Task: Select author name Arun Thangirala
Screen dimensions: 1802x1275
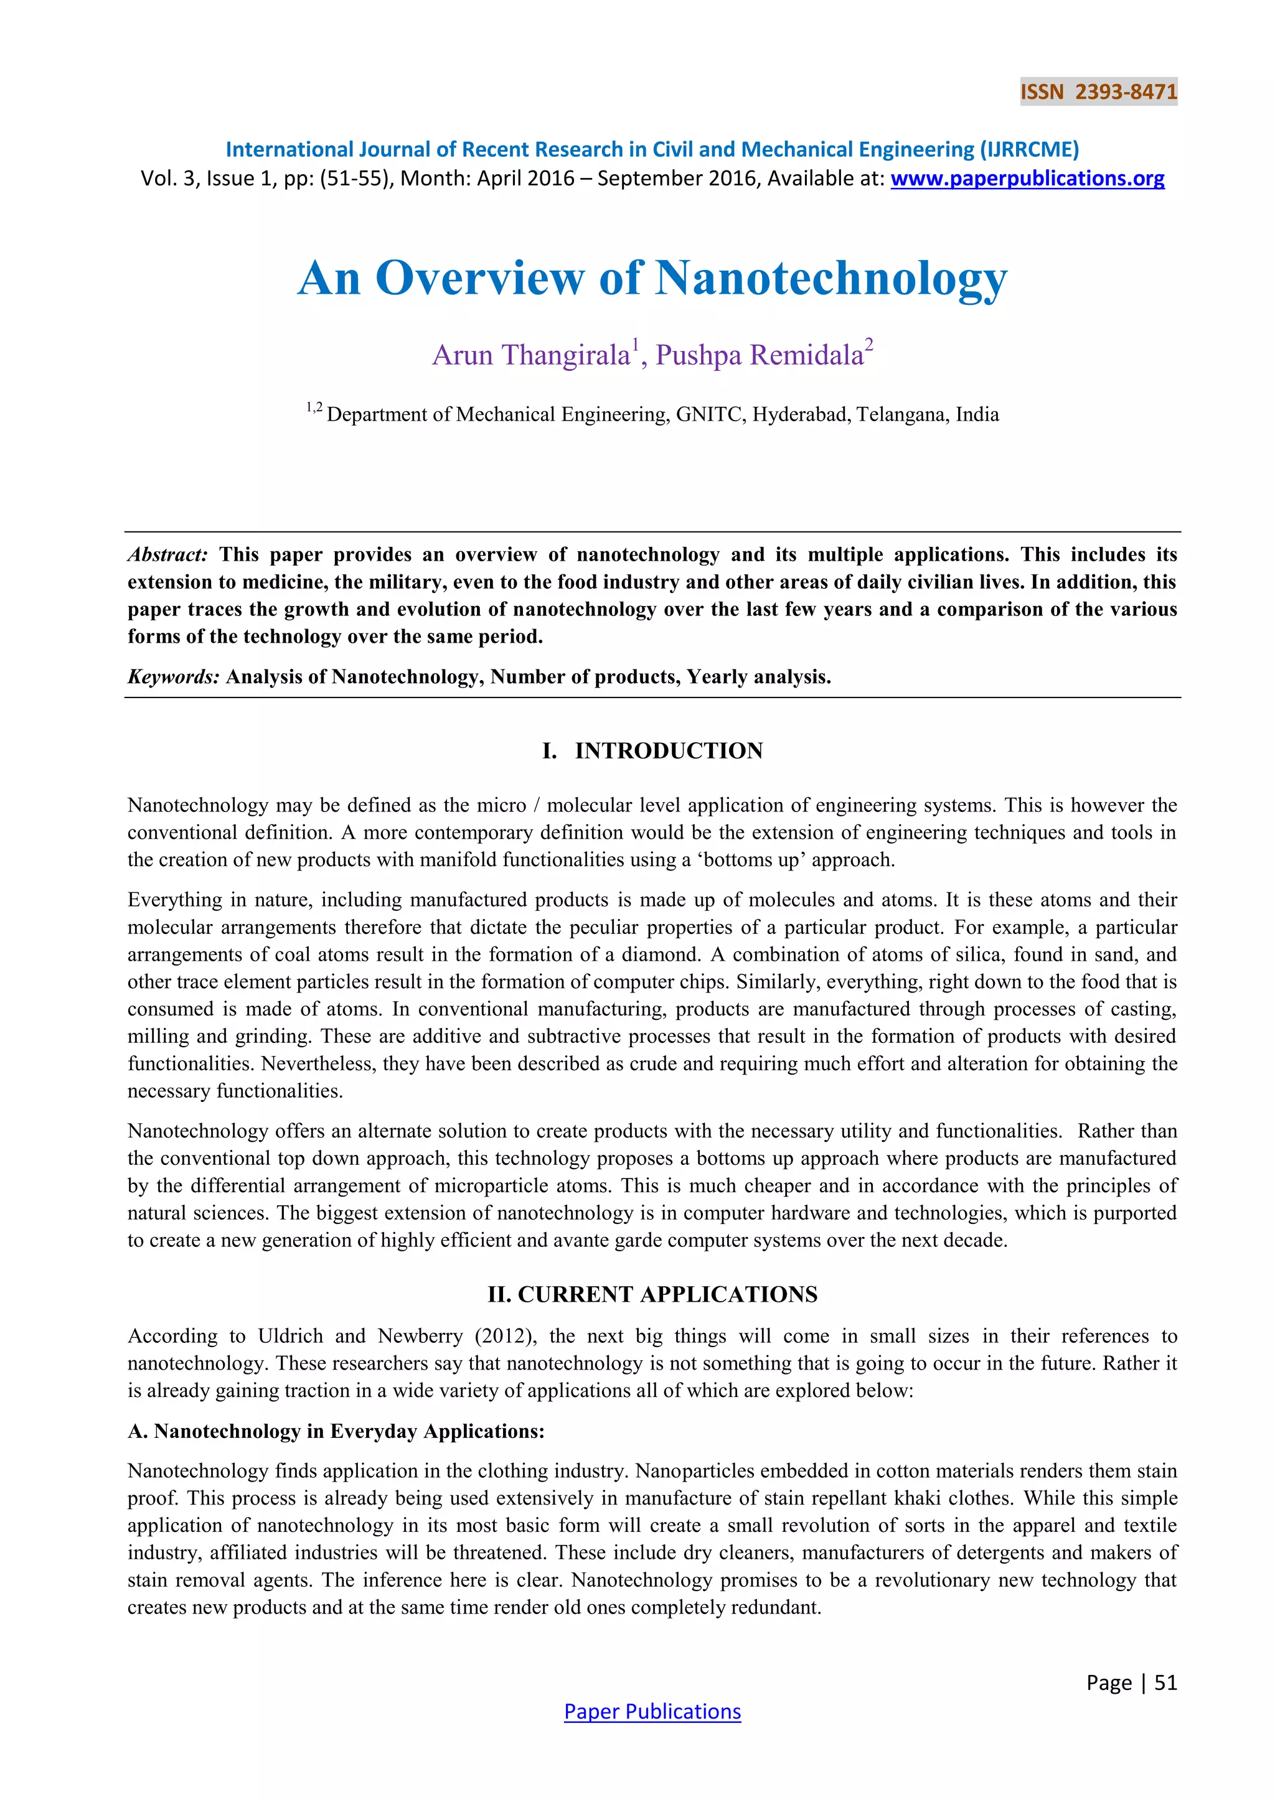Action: [x=530, y=355]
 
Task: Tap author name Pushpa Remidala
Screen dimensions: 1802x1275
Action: [x=759, y=355]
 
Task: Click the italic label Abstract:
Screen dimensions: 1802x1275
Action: [x=167, y=555]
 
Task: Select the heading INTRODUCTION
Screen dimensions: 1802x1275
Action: [x=668, y=750]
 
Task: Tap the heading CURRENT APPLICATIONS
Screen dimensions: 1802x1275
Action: [x=667, y=1294]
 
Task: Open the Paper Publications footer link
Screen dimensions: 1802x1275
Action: [x=652, y=1712]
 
